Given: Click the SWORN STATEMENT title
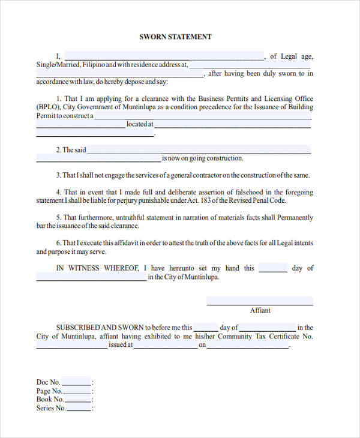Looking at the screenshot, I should (x=175, y=37).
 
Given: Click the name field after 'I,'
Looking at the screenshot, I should (x=163, y=56).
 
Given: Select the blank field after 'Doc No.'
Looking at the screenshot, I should (x=76, y=382).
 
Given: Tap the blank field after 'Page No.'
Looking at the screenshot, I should (x=77, y=391).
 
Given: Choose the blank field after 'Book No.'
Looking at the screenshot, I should (x=78, y=399).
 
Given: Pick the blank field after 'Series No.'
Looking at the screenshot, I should (x=79, y=408).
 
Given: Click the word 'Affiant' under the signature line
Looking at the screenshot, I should (x=260, y=310).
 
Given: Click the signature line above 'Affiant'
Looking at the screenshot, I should (x=259, y=301).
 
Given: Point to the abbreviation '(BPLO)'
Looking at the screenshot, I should (x=49, y=107).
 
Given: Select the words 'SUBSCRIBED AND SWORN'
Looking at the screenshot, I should (x=100, y=328).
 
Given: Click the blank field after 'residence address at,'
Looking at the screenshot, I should (x=251, y=65).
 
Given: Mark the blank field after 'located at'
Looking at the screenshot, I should (x=233, y=124).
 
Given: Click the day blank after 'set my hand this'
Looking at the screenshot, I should (x=273, y=268).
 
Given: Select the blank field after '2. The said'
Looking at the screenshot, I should (x=199, y=150).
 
